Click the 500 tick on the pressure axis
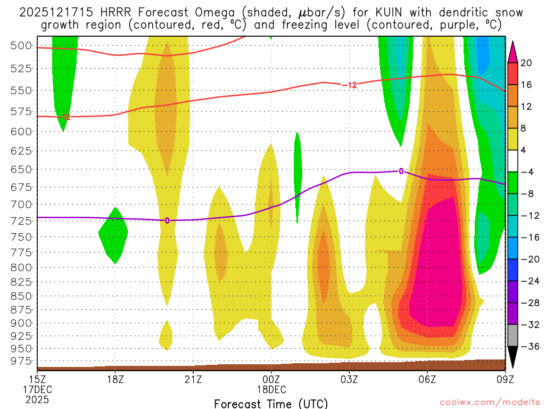point(21,45)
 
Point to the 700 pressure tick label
point(21,204)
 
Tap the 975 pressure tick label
point(21,361)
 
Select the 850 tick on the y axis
point(21,296)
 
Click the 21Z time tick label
point(193,379)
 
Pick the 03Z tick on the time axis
point(349,379)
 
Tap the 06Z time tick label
point(427,379)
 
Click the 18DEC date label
point(271,389)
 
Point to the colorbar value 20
point(526,63)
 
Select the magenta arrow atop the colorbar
point(513,51)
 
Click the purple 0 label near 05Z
point(401,171)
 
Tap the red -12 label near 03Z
point(349,85)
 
